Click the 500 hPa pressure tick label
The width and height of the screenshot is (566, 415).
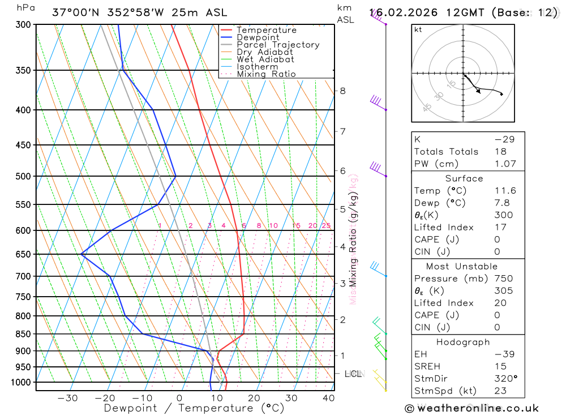coord(23,176)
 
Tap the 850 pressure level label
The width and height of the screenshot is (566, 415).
coord(23,334)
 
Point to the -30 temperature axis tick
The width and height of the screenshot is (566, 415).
coord(67,398)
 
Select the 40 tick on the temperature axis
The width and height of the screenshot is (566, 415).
coord(328,398)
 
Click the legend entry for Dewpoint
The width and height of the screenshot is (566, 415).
coord(258,37)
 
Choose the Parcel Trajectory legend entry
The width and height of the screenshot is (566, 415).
coord(278,45)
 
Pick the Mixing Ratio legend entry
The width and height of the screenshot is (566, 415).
coord(266,74)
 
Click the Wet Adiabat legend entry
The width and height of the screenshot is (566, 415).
coord(265,59)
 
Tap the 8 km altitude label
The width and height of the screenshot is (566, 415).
coord(342,91)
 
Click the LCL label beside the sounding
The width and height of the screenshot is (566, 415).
coord(354,374)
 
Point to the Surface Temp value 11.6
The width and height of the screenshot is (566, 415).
coord(505,191)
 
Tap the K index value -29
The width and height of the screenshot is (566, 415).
coord(505,139)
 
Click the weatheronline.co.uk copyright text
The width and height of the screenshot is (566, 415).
coord(471,408)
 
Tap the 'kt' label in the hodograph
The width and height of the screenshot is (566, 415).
coord(418,29)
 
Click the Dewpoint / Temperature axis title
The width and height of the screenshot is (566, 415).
coord(194,408)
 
